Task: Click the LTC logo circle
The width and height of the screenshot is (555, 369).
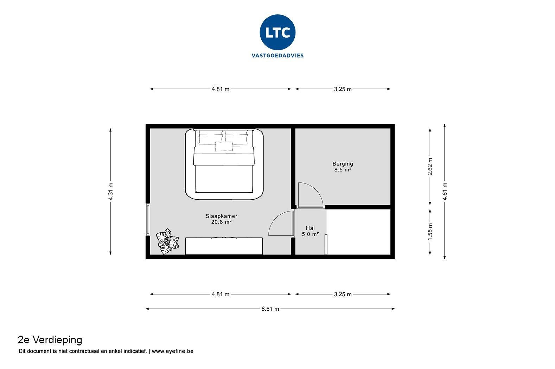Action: coord(277,32)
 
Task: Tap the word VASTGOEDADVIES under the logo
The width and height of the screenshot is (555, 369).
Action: coord(277,56)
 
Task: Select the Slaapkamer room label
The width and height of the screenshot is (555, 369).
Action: coord(221,216)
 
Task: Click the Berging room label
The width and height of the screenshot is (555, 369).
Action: coord(343,164)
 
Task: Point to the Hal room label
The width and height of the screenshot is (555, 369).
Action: coord(310,228)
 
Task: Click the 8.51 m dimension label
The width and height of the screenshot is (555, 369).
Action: coord(270,309)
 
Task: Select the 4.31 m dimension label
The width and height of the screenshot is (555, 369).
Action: coord(110,192)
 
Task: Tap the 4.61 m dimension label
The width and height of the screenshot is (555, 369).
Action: coord(445,192)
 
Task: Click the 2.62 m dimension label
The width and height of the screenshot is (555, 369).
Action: coord(430,166)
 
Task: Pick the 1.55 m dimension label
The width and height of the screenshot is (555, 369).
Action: coord(430,232)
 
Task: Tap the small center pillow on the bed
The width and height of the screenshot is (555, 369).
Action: coord(224,147)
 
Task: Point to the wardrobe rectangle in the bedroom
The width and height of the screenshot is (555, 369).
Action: coord(224,246)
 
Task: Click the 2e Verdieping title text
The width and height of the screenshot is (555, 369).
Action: coord(50,340)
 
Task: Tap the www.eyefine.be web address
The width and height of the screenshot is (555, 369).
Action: coord(172,351)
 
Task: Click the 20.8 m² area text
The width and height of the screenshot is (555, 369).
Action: coord(221,222)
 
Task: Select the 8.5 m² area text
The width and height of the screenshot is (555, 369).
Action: coord(343,170)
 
